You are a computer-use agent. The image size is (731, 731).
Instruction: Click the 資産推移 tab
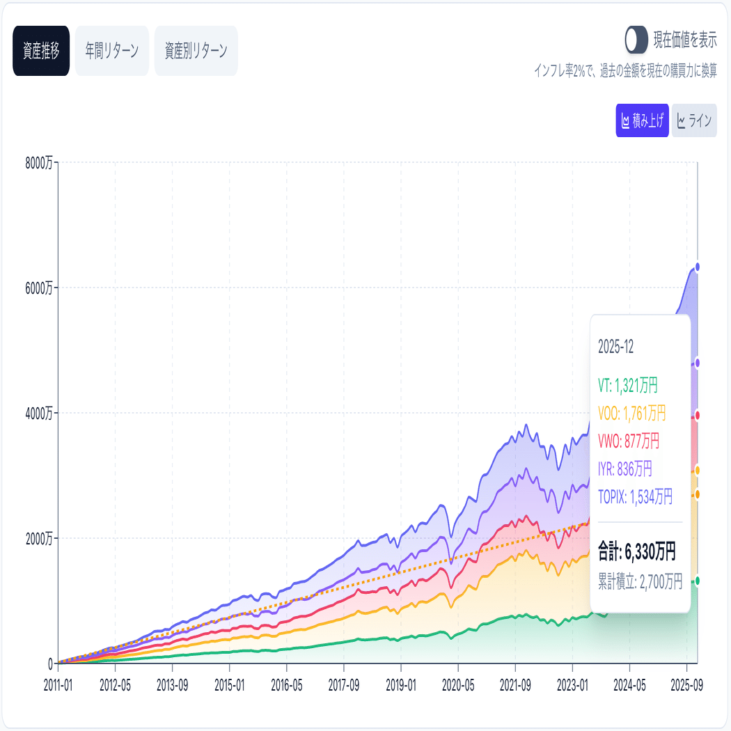pyautogui.click(x=41, y=51)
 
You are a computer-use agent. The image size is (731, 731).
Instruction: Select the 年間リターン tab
pyautogui.click(x=112, y=51)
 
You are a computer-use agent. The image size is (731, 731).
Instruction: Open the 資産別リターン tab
pyautogui.click(x=196, y=51)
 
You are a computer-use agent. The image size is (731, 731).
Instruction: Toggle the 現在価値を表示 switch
pyautogui.click(x=636, y=40)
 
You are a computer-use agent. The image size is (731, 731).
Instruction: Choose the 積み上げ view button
pyautogui.click(x=642, y=120)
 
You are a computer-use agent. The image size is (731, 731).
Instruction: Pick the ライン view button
pyautogui.click(x=694, y=120)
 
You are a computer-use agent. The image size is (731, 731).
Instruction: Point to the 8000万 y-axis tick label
pyautogui.click(x=38, y=163)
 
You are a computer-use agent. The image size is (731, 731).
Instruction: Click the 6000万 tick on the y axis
pyautogui.click(x=38, y=288)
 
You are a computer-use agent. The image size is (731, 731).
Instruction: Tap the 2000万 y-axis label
pyautogui.click(x=38, y=538)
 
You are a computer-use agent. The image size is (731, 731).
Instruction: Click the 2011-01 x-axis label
pyautogui.click(x=58, y=684)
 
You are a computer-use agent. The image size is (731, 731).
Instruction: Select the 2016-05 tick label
pyautogui.click(x=287, y=684)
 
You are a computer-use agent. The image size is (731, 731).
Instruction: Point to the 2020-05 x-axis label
pyautogui.click(x=459, y=684)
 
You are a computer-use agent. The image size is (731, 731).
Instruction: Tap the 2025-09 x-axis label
pyautogui.click(x=686, y=684)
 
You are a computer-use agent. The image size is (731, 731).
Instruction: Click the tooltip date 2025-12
pyautogui.click(x=616, y=347)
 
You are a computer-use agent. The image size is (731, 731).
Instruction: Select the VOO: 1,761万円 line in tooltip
pyautogui.click(x=632, y=414)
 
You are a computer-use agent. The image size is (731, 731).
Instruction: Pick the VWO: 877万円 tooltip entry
pyautogui.click(x=629, y=441)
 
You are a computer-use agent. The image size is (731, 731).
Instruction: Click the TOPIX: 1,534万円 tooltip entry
pyautogui.click(x=636, y=496)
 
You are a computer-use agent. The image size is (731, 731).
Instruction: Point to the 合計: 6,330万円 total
pyautogui.click(x=637, y=553)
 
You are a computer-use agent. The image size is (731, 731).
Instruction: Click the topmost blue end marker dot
pyautogui.click(x=697, y=267)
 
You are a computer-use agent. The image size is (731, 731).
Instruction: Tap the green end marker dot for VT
pyautogui.click(x=697, y=581)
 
